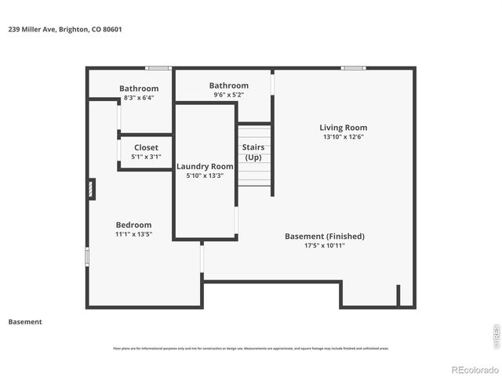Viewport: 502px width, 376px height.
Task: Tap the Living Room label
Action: [343, 128]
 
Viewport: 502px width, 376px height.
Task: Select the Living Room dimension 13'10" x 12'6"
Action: [343, 136]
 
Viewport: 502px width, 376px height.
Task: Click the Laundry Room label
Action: [205, 166]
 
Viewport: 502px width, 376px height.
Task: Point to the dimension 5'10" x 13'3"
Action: [205, 175]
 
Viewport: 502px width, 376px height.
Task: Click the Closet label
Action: [146, 147]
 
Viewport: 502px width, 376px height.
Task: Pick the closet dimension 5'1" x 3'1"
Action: [146, 157]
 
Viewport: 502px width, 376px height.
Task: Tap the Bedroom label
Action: [133, 225]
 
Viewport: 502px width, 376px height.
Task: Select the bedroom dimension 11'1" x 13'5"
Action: [133, 234]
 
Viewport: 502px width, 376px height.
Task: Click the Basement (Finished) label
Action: [324, 236]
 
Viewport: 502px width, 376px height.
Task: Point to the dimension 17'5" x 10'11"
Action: [324, 245]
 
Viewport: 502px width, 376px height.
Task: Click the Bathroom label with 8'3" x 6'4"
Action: [139, 89]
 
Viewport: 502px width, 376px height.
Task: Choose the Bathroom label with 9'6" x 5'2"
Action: [228, 85]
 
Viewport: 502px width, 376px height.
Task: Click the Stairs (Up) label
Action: [253, 152]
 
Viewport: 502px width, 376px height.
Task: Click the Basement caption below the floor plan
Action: [25, 322]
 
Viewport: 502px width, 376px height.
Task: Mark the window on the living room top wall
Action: [353, 68]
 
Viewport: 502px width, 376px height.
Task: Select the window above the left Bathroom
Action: [158, 68]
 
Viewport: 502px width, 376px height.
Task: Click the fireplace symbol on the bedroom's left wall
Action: [92, 189]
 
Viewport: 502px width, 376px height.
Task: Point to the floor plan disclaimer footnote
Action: [250, 349]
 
